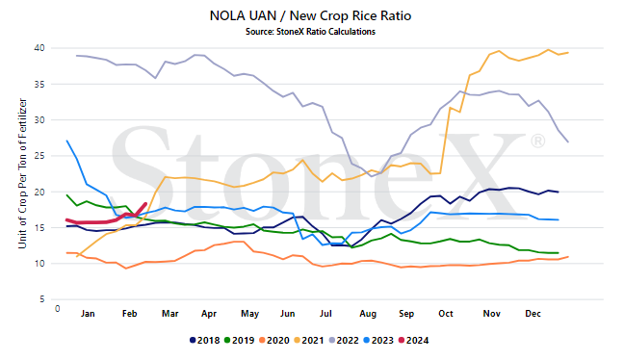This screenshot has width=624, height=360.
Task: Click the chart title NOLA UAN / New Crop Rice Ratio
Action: click(310, 16)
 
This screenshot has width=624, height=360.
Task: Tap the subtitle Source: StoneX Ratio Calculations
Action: click(310, 32)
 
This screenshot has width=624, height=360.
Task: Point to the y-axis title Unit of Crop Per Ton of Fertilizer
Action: click(22, 174)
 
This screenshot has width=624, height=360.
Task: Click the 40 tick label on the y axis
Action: click(39, 48)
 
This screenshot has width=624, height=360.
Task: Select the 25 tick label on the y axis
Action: click(39, 156)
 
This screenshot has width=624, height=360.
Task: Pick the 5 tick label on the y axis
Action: click(42, 299)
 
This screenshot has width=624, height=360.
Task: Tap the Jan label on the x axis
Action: click(88, 314)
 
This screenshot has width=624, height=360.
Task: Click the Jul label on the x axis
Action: click(325, 314)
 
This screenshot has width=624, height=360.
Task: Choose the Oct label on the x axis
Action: click(446, 314)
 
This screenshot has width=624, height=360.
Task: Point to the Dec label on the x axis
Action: click(533, 314)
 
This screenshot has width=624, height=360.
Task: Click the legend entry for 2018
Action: click(204, 341)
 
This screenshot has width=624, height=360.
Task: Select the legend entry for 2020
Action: click(274, 341)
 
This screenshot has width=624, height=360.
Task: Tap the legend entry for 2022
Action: click(344, 341)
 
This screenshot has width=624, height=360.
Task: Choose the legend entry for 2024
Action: click(413, 341)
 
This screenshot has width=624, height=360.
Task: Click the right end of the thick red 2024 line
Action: click(145, 204)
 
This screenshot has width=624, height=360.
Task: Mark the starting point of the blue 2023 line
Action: click(66, 141)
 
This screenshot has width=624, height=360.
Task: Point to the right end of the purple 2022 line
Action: click(568, 142)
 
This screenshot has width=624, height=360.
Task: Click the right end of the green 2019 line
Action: click(559, 253)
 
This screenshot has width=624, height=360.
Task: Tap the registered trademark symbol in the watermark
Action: click(538, 141)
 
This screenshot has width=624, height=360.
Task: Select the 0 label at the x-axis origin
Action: click(58, 309)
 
